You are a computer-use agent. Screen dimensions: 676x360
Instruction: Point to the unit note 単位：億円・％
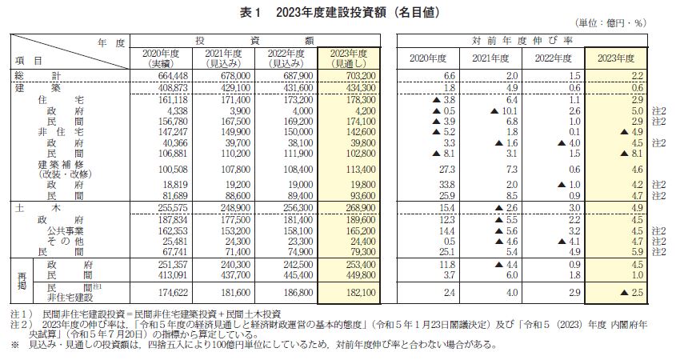(610, 23)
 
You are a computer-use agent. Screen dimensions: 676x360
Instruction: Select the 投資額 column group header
(254, 41)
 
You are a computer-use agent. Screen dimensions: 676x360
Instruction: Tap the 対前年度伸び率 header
(522, 41)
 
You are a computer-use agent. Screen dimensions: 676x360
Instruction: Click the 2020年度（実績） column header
(161, 58)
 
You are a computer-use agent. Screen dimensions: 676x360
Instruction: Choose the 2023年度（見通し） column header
(349, 58)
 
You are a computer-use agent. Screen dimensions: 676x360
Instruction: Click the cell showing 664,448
(173, 76)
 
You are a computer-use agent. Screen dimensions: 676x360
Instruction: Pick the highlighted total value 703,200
(361, 76)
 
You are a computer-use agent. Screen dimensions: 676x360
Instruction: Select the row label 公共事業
(65, 231)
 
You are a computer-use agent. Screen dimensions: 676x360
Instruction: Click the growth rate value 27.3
(447, 170)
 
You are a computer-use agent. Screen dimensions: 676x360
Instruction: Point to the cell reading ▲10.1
(504, 111)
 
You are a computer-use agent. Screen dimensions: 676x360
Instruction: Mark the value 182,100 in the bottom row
(361, 292)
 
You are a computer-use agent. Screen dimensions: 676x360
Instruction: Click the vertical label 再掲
(22, 280)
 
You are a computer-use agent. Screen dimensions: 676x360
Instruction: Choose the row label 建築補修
(61, 164)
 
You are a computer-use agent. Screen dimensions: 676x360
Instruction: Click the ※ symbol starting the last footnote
(15, 345)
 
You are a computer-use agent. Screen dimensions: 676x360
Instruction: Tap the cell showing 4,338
(178, 111)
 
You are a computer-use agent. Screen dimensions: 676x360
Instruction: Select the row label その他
(65, 242)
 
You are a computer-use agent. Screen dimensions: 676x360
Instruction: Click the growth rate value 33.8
(447, 185)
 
